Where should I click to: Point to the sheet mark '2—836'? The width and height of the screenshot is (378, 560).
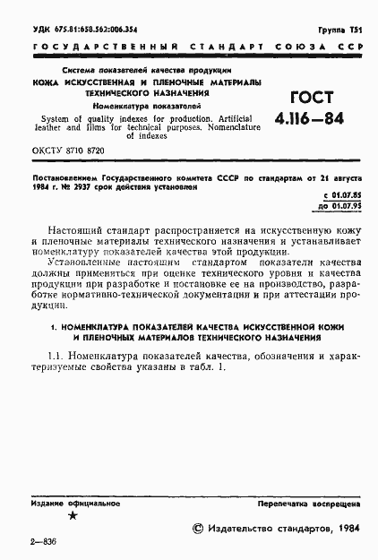(x=43, y=543)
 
